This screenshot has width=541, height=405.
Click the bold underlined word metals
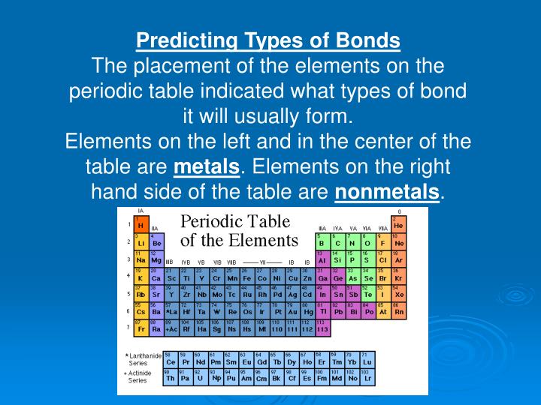[x=206, y=166]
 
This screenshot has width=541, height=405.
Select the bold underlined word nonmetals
[x=386, y=192]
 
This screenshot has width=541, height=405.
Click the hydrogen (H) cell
[x=141, y=224]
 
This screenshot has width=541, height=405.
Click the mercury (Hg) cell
[x=308, y=310]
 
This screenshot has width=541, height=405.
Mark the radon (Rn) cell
[x=399, y=310]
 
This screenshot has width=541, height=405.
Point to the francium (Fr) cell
[x=141, y=328]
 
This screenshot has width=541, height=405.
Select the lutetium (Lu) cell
[x=368, y=360]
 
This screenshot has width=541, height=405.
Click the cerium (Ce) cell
[x=171, y=360]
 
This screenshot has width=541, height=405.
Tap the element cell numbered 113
[x=323, y=328]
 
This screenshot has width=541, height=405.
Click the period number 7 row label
[x=128, y=328]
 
